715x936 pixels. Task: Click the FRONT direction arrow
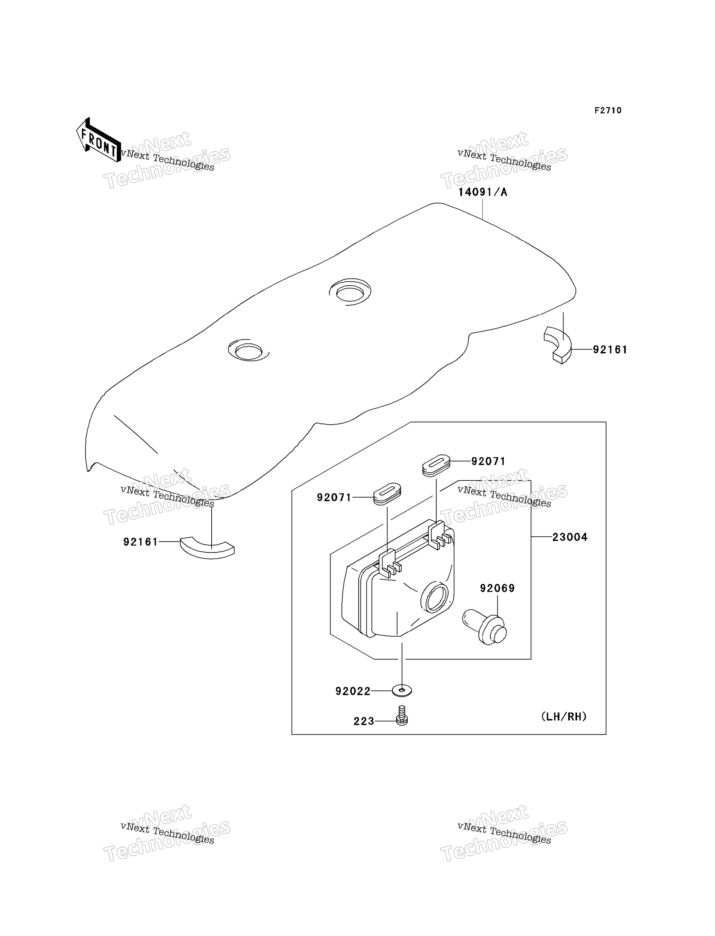click(98, 140)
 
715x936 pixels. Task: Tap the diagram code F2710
click(608, 110)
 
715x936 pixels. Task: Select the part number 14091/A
click(483, 192)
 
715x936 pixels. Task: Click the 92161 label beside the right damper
click(610, 350)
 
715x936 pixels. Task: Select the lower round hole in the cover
click(249, 350)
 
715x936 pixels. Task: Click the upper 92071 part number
click(488, 461)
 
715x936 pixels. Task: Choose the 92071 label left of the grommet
click(334, 497)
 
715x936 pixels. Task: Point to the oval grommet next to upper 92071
click(436, 465)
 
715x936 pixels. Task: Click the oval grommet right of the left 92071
click(387, 493)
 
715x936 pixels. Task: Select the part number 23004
click(570, 537)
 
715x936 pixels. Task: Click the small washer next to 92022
click(402, 690)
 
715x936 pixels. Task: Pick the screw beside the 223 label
click(402, 715)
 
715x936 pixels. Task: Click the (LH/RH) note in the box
click(564, 717)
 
